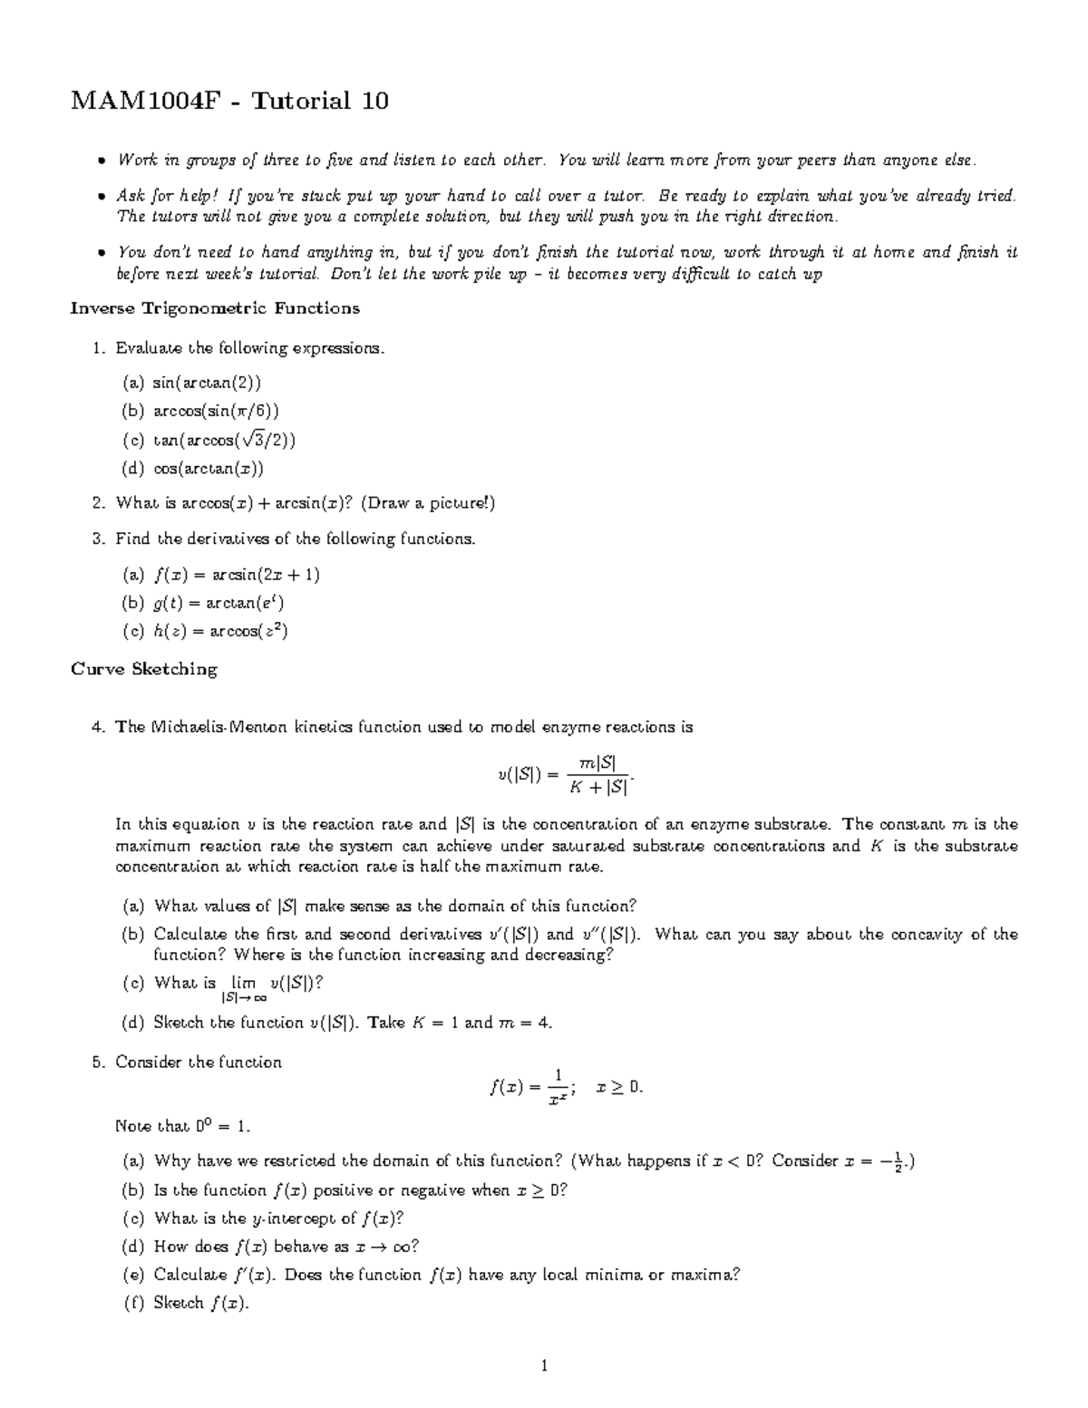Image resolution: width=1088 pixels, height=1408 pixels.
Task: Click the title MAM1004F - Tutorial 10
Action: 229,100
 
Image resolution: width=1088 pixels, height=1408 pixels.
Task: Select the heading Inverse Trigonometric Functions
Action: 215,308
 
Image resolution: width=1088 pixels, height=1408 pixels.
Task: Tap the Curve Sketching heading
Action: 144,669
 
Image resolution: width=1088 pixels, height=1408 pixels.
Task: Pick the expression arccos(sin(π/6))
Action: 216,411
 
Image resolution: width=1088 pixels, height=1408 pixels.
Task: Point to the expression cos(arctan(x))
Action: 208,469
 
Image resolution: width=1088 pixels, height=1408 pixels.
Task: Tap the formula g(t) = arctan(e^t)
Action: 220,603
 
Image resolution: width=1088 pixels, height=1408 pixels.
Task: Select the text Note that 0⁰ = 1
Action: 182,1127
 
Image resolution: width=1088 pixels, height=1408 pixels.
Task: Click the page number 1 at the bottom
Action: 544,1365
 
